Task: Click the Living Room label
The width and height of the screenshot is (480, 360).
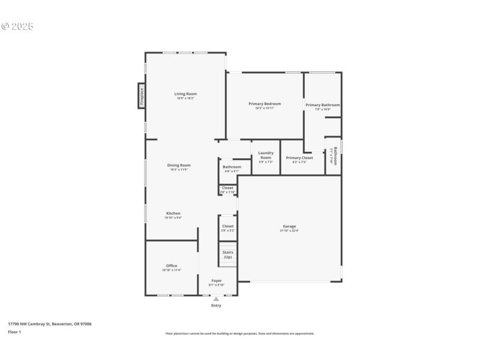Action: point(185,94)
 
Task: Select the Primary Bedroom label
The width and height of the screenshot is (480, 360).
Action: point(265,104)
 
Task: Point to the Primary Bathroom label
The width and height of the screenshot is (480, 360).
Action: point(323,105)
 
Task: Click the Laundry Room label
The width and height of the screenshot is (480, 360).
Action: point(266,155)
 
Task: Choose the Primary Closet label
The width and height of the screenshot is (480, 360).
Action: point(299,158)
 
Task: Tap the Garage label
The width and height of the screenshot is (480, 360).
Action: point(289,226)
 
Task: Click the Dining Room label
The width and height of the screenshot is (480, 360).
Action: point(179,165)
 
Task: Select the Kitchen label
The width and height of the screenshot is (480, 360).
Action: point(173,213)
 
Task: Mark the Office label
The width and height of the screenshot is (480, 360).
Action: point(172,266)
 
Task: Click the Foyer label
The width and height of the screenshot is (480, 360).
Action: point(216,280)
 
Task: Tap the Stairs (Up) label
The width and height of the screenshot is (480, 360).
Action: point(228,254)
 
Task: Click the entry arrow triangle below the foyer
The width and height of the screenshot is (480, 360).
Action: point(216,299)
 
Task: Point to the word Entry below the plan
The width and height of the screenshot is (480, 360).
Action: point(216,305)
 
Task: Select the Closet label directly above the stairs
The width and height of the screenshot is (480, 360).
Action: point(228,226)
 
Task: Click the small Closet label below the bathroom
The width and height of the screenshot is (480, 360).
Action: point(227,188)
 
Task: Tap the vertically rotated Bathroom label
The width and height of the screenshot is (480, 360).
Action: point(335,155)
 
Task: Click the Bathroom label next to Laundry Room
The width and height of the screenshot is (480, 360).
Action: point(232,167)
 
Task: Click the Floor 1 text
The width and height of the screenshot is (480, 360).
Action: point(14,332)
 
